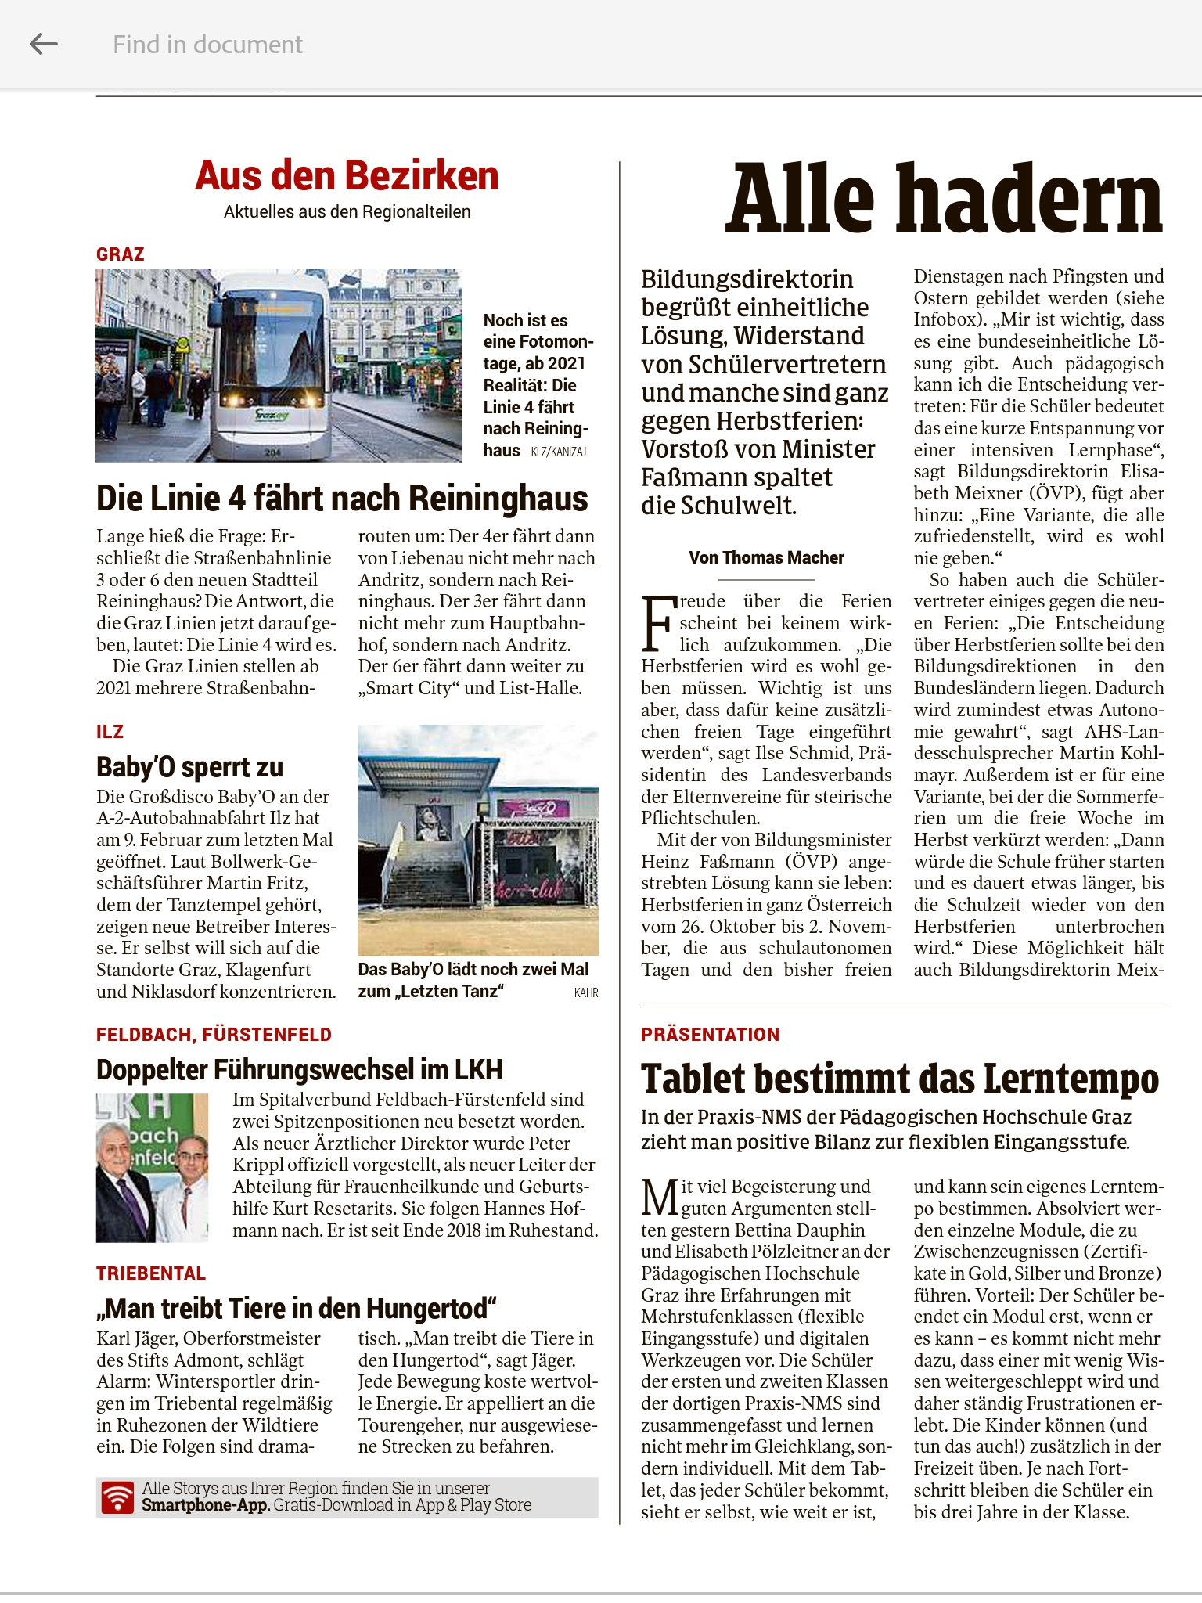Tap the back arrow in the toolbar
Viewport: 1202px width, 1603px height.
click(x=44, y=45)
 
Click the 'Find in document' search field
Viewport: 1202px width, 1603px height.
click(x=207, y=45)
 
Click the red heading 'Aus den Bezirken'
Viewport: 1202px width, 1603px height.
click(x=347, y=175)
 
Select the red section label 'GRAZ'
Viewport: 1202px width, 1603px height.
click(x=121, y=254)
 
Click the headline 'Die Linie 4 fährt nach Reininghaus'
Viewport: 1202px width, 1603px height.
click(x=342, y=499)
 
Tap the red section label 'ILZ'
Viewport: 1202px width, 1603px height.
click(x=110, y=732)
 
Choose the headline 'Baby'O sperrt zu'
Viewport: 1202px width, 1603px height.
click(x=189, y=767)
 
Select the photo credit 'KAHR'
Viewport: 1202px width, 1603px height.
click(x=586, y=992)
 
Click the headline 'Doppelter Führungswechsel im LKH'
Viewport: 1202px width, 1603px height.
click(x=299, y=1069)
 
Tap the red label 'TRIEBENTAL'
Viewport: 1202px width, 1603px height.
click(x=151, y=1273)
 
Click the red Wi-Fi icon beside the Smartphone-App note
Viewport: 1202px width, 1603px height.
click(x=117, y=1497)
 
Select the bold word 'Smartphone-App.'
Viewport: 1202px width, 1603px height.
click(x=206, y=1505)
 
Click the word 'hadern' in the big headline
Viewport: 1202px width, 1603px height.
click(x=1037, y=200)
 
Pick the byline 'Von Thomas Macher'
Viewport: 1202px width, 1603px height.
click(x=766, y=557)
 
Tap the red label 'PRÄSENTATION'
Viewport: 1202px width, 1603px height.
click(x=710, y=1035)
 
